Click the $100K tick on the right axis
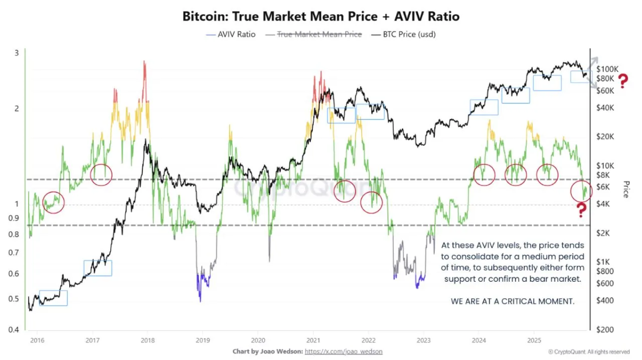coord(607,69)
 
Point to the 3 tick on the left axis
coord(17,53)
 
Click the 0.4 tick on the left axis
coord(17,329)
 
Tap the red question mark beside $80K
coord(623,81)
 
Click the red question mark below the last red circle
coord(581,210)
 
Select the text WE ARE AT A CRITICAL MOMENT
coord(513,302)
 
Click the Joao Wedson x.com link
coord(344,352)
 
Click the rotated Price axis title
coord(625,190)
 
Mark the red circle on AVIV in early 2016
coord(53,202)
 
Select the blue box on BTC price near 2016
coord(53,298)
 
